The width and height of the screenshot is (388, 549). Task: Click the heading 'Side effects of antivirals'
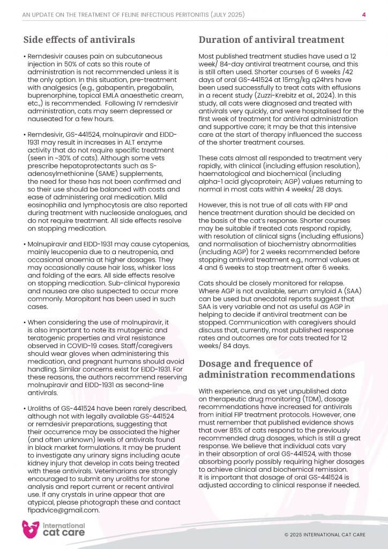click(79, 39)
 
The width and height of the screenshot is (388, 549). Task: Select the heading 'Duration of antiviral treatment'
click(271, 39)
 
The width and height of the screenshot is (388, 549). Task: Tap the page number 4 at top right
click(364, 14)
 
